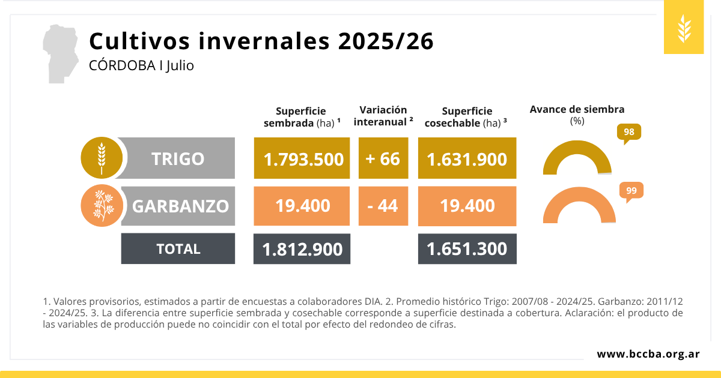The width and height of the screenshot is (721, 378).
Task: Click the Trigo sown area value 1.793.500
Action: pyautogui.click(x=302, y=158)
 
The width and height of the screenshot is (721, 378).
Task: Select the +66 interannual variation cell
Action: pyautogui.click(x=383, y=158)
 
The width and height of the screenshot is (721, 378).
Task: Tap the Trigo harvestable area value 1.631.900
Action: pyautogui.click(x=467, y=158)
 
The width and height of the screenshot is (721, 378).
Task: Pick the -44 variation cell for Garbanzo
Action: pyautogui.click(x=383, y=206)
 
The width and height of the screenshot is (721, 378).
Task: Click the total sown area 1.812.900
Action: pyautogui.click(x=302, y=248)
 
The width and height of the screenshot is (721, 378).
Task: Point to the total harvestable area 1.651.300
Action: pyautogui.click(x=467, y=248)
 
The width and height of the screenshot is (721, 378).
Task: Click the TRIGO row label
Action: pyautogui.click(x=178, y=158)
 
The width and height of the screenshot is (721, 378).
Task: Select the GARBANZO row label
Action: pyautogui.click(x=180, y=206)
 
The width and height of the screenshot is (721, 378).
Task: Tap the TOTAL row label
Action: pyautogui.click(x=178, y=248)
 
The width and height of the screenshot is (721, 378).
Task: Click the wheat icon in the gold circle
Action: pyautogui.click(x=102, y=158)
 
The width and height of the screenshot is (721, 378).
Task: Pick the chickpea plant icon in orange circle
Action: pyautogui.click(x=102, y=206)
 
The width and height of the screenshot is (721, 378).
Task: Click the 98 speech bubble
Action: pyautogui.click(x=629, y=133)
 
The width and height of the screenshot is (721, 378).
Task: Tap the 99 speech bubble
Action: pyautogui.click(x=631, y=191)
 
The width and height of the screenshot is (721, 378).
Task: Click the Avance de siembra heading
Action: pyautogui.click(x=577, y=109)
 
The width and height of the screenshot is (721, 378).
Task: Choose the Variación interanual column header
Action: pyautogui.click(x=383, y=115)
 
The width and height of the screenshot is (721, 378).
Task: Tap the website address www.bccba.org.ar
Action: pyautogui.click(x=648, y=354)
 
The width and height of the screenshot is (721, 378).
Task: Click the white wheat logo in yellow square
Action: pyautogui.click(x=684, y=28)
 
